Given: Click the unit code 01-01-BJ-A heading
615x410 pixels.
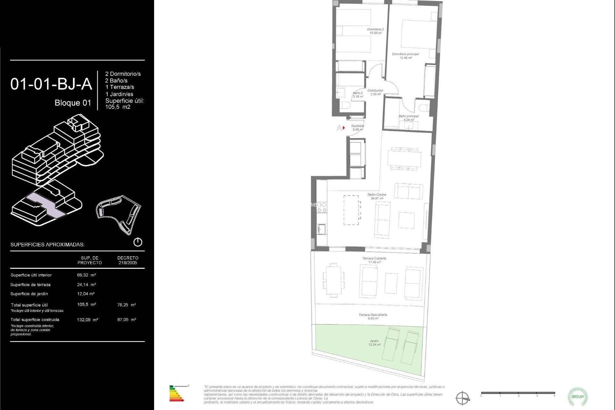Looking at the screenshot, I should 51,84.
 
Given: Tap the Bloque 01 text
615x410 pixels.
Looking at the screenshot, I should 73,103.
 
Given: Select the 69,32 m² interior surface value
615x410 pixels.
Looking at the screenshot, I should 86,275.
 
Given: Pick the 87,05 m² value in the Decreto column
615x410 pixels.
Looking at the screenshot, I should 127,319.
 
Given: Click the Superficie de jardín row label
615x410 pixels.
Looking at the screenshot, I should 29,294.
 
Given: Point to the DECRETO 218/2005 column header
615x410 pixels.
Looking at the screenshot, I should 128,260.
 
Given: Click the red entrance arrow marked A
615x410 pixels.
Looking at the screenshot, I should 343,128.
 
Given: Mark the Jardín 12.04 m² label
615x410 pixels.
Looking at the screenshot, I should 374,343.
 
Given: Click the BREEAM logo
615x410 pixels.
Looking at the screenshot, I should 578,397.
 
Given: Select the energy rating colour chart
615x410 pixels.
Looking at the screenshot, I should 176,394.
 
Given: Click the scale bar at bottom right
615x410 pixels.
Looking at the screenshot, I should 518,393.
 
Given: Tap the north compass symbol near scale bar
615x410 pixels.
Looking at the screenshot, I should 463,398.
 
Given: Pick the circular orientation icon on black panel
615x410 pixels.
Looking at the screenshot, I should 138,242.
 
